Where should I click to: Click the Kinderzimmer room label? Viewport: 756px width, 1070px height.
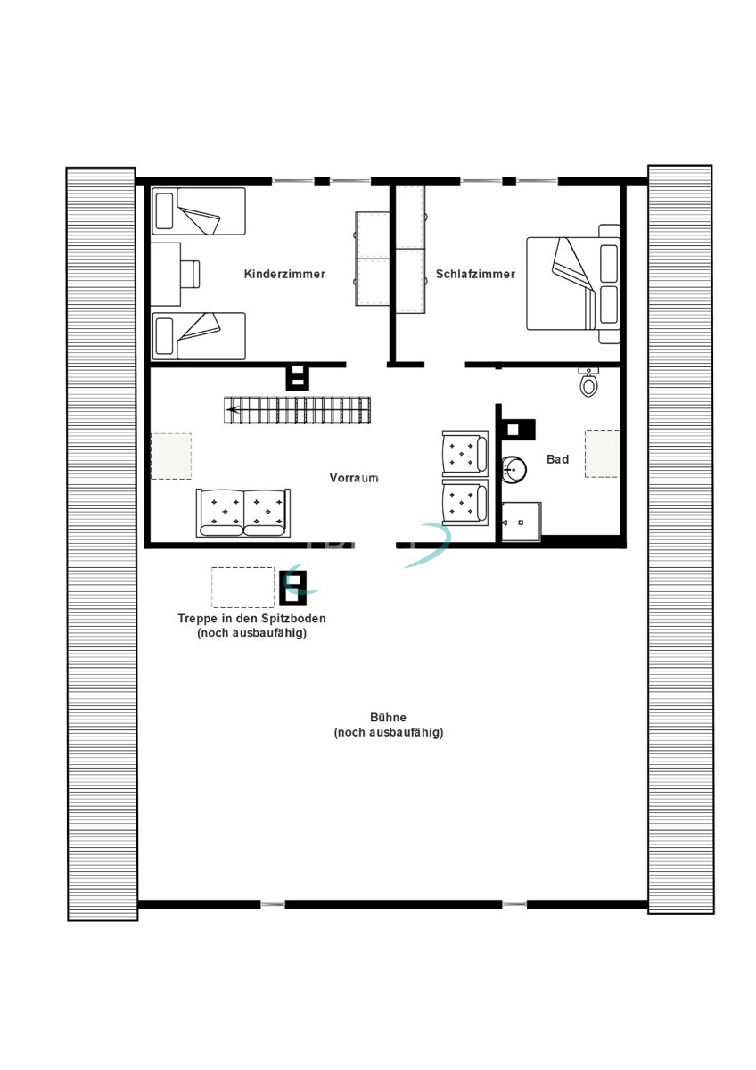pos(284,274)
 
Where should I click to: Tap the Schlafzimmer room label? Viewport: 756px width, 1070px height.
pos(475,274)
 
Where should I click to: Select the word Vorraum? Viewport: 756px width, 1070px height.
pos(354,478)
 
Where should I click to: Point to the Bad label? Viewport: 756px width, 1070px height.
pos(557,459)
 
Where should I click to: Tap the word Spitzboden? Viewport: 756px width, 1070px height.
pos(293,618)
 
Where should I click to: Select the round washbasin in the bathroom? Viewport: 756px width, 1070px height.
pos(514,468)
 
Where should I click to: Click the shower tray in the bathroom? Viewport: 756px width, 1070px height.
pos(521,522)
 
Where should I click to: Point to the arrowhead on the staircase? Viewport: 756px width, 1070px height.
pos(233,409)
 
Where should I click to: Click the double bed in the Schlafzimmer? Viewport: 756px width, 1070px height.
pos(573,284)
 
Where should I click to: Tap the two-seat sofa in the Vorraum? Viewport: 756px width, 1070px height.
pos(243,513)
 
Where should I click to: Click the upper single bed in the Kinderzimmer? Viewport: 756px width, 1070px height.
pos(198,210)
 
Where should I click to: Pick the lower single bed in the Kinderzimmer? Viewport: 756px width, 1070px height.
pos(198,336)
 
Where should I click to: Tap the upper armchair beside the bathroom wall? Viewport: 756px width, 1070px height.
pos(465,453)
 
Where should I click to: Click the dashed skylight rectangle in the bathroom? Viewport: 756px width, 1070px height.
pos(603,453)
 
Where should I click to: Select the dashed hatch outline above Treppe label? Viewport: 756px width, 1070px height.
pos(243,587)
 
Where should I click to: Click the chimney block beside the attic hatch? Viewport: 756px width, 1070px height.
pos(293,588)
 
